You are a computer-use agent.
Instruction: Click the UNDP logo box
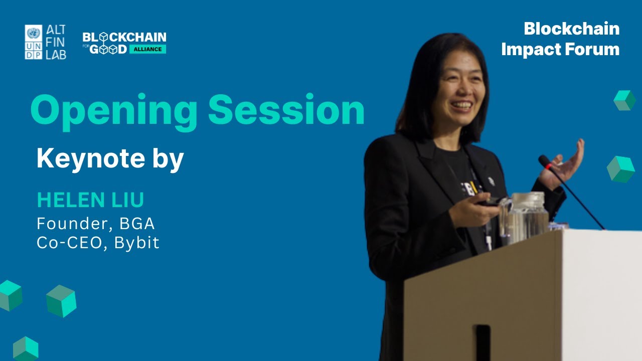click(34, 42)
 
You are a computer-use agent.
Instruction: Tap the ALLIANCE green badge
click(147, 49)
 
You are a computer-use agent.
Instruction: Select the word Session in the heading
click(286, 110)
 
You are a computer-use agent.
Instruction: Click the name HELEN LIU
click(90, 200)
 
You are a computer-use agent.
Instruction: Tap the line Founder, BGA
click(95, 223)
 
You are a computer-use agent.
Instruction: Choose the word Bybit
click(137, 243)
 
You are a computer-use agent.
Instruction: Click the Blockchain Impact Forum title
click(560, 39)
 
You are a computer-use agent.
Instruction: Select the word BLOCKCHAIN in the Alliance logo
click(124, 37)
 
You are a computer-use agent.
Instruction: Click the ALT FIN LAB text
click(56, 42)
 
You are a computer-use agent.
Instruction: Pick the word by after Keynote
click(168, 159)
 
